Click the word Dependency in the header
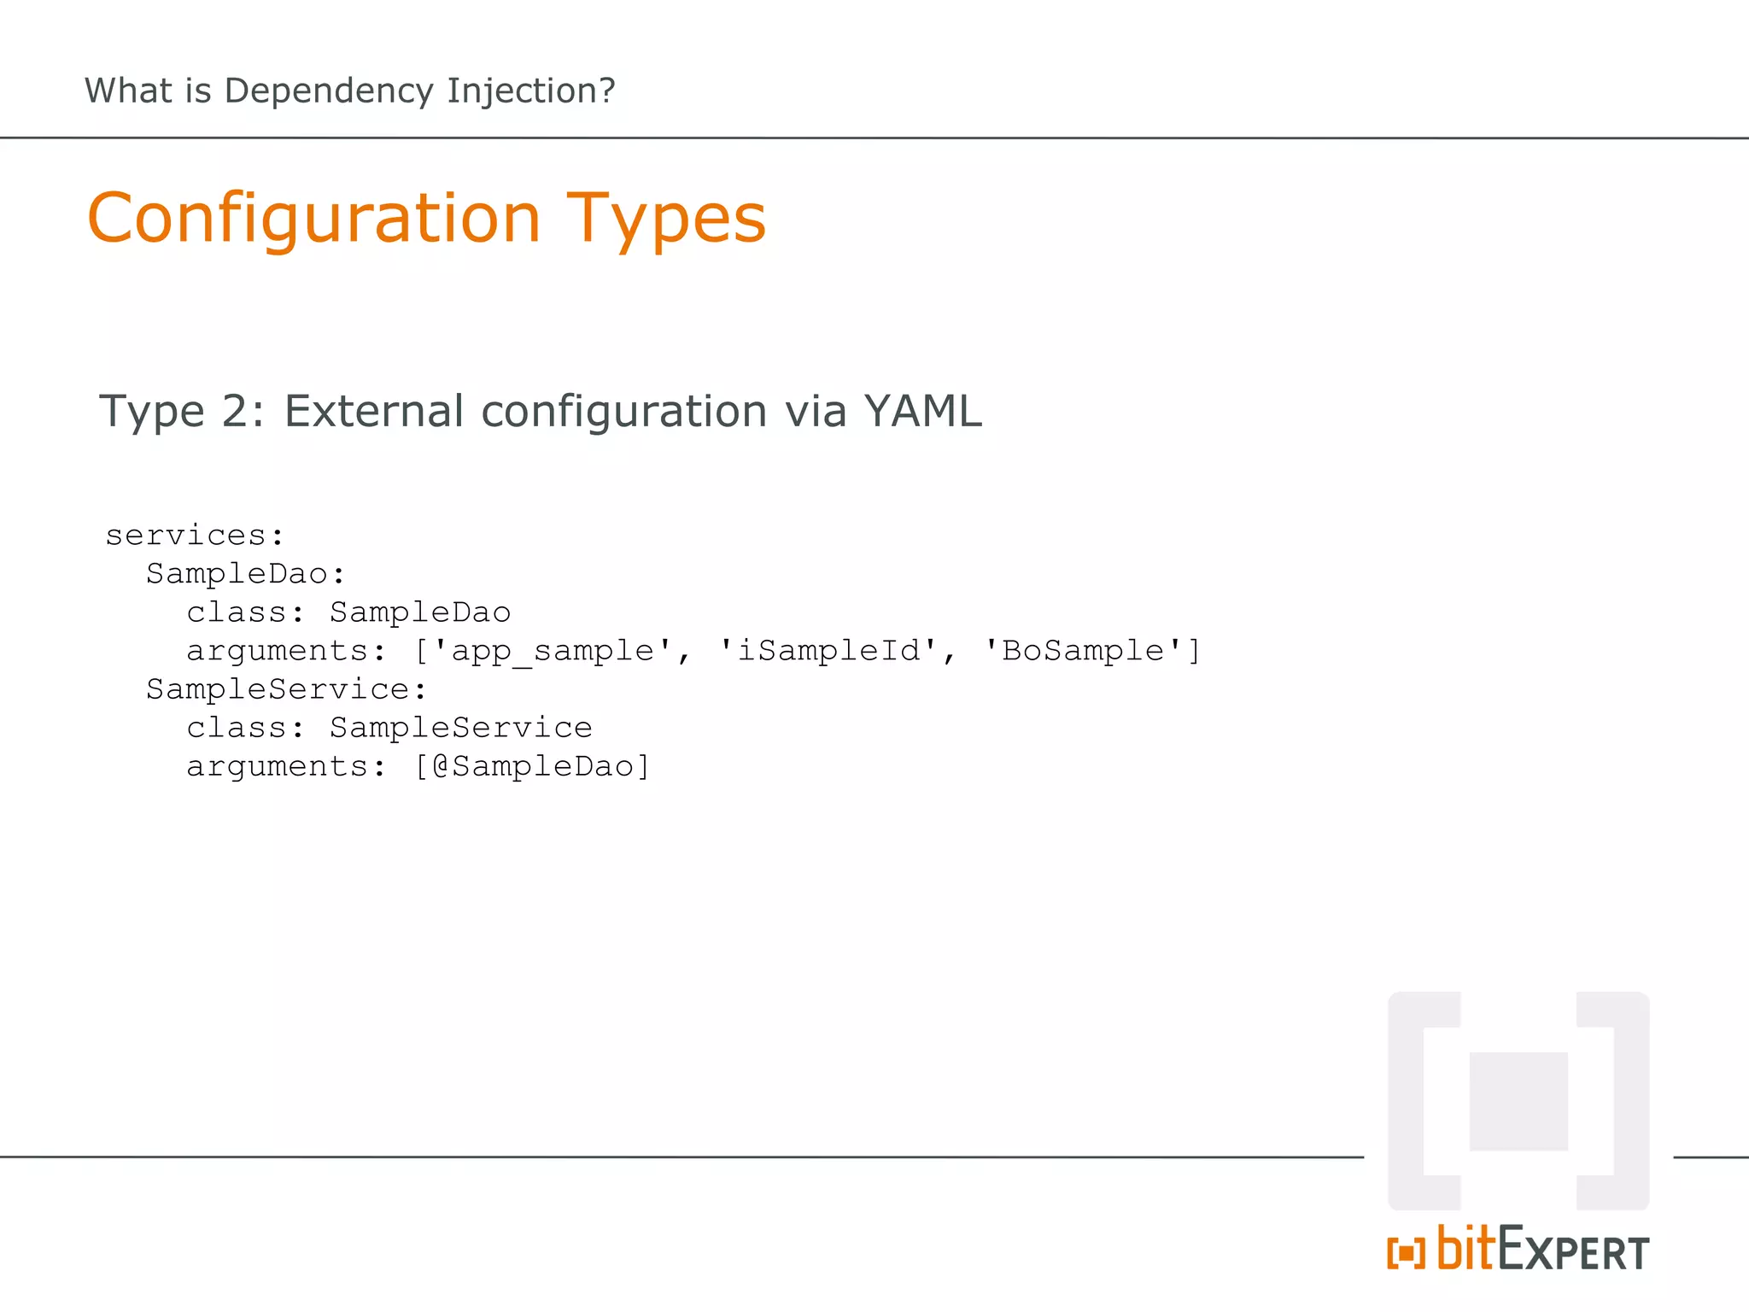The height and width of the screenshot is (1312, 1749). pos(328,91)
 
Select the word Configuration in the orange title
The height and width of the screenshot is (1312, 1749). pos(313,219)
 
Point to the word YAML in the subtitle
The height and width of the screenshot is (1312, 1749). pos(922,411)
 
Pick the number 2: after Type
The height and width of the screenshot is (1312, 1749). pos(243,412)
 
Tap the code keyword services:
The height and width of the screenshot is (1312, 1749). pos(194,536)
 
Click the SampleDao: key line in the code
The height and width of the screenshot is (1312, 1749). pos(245,574)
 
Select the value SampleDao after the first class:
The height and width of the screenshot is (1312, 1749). pos(420,612)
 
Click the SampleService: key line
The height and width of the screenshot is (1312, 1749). pos(286,689)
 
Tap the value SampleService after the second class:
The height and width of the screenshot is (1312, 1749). pos(461,728)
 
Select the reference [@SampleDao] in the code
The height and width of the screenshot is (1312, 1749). pos(532,766)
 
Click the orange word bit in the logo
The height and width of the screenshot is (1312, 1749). pos(1465,1249)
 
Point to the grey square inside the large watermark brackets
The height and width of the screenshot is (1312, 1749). pos(1518,1101)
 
